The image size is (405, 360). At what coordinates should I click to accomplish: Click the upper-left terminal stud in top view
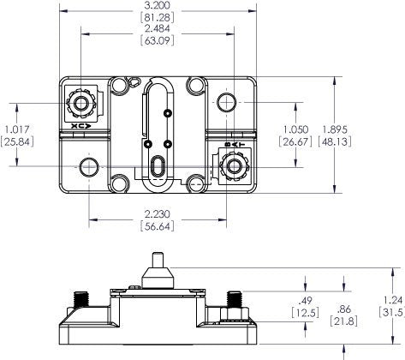pyautogui.click(x=82, y=104)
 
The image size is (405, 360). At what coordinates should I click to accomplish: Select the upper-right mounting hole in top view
pyautogui.click(x=227, y=104)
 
